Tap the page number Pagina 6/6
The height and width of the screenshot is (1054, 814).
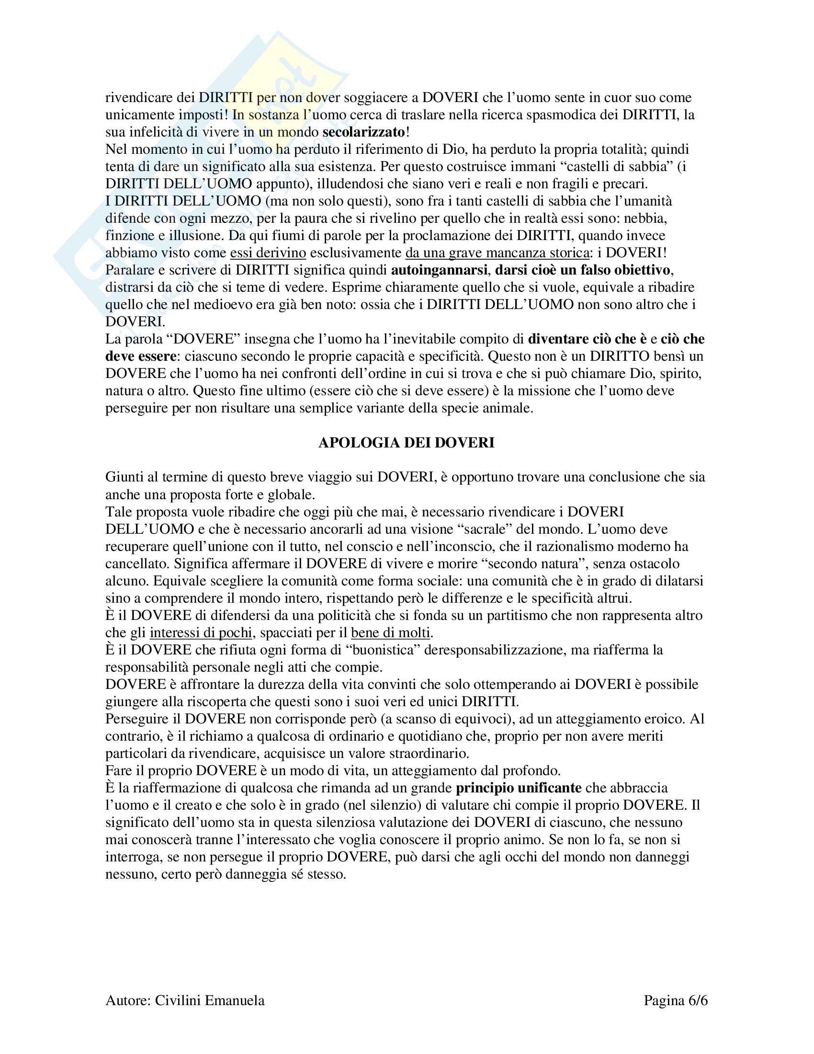[675, 1001]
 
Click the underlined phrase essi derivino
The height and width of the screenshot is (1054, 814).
[268, 252]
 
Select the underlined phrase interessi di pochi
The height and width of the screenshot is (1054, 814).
[201, 632]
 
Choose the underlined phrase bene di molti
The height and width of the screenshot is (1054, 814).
[390, 632]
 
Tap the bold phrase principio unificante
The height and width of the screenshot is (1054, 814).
[519, 788]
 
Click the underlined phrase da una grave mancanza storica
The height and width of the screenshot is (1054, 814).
[497, 252]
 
